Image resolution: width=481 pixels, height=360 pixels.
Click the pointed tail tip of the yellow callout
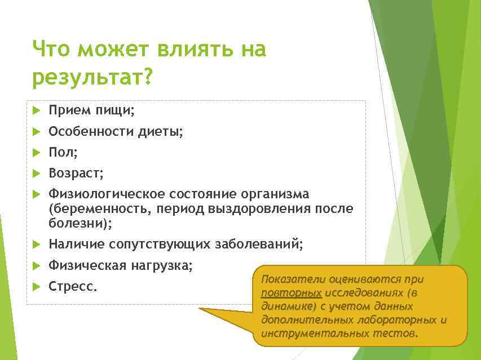point(201,309)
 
